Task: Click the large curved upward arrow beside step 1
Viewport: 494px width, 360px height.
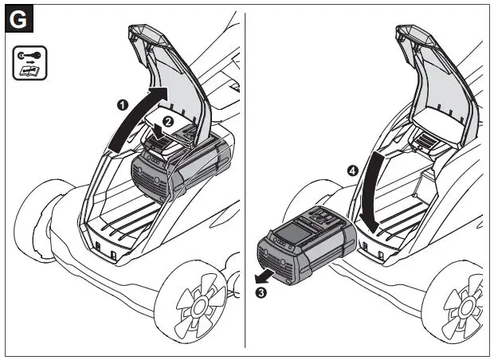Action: (x=135, y=115)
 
